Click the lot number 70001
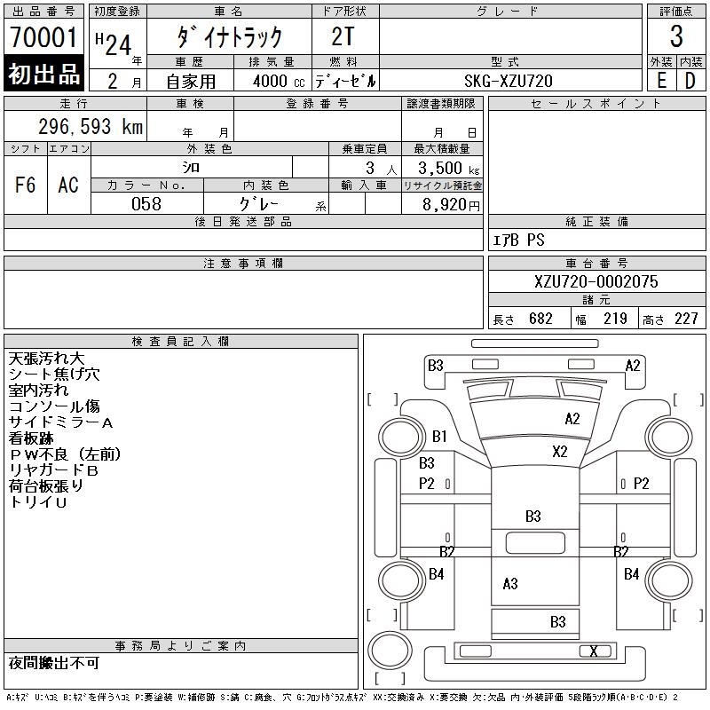pyautogui.click(x=44, y=37)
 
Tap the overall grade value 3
pyautogui.click(x=676, y=37)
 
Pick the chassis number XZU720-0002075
pyautogui.click(x=596, y=281)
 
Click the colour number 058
pyautogui.click(x=146, y=204)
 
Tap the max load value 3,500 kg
pyautogui.click(x=442, y=168)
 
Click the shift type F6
pyautogui.click(x=26, y=185)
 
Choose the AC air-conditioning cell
pyautogui.click(x=68, y=185)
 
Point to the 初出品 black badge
pyautogui.click(x=44, y=75)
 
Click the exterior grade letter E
pyautogui.click(x=661, y=81)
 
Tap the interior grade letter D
pyautogui.click(x=690, y=81)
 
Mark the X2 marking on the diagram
pyautogui.click(x=559, y=451)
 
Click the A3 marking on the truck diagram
pyautogui.click(x=510, y=584)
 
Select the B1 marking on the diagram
pyautogui.click(x=439, y=437)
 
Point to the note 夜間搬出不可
pyautogui.click(x=54, y=664)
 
